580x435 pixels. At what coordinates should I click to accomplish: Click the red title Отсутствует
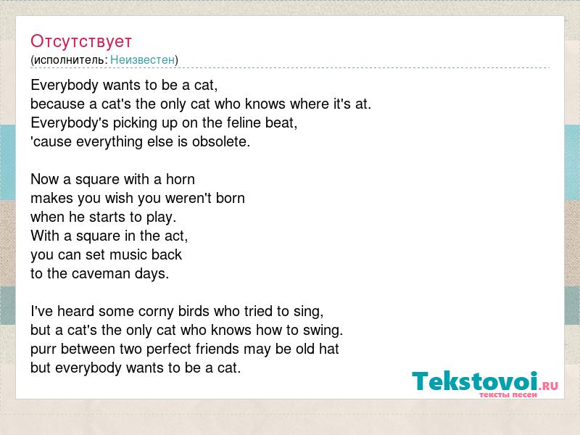(81, 41)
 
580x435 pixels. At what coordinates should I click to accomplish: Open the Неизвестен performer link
(142, 59)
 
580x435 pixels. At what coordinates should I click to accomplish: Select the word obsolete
(221, 141)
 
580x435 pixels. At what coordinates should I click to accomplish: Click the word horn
(180, 179)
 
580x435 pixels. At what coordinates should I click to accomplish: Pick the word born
(231, 198)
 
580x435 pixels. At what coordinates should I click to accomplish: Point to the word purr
(43, 349)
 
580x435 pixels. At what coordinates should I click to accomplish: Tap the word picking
(135, 123)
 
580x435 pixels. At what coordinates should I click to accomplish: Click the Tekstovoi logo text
(475, 381)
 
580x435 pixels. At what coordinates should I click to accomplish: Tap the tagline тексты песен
(508, 394)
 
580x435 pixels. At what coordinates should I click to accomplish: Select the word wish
(119, 198)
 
